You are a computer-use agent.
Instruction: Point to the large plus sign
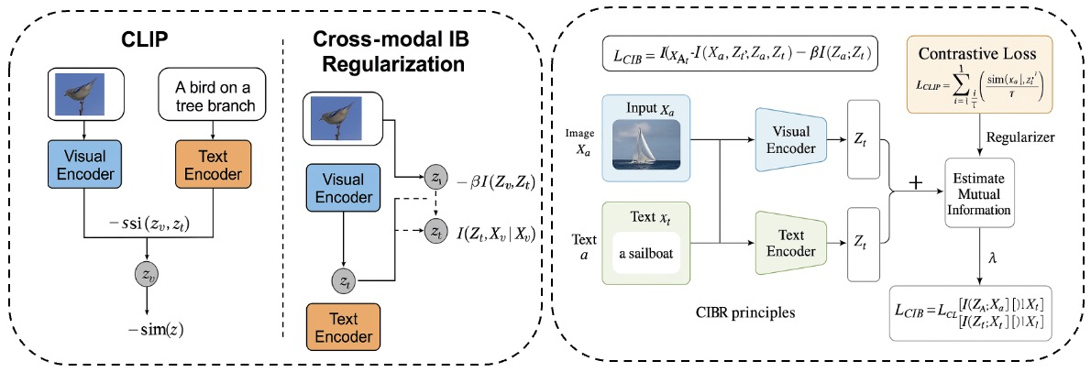915,183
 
